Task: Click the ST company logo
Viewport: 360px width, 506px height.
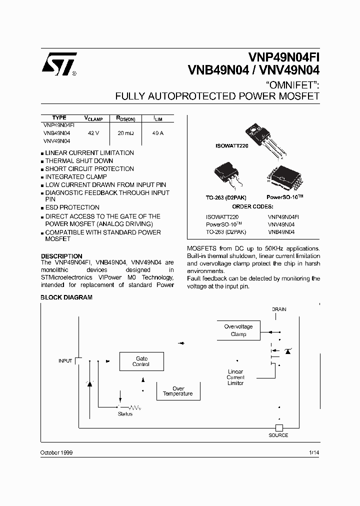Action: coord(59,64)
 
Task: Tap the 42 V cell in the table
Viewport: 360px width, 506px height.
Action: coord(93,133)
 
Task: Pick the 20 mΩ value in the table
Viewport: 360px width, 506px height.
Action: coord(125,133)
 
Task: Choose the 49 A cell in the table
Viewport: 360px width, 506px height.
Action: coord(158,133)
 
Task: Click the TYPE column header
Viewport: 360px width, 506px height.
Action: coord(59,118)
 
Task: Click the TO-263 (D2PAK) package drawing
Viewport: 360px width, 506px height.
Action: coord(226,175)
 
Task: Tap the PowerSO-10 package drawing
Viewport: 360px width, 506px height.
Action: coord(284,176)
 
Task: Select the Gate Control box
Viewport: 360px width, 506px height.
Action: coord(141,361)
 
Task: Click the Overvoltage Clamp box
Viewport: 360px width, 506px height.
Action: coord(238,330)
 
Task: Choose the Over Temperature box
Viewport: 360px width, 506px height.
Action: coord(178,391)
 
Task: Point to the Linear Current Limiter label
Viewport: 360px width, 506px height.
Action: coord(235,377)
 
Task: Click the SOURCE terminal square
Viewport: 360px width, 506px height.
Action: coord(279,427)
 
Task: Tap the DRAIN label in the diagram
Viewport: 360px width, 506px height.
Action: coord(279,309)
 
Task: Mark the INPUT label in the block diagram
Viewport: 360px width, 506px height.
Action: coord(65,360)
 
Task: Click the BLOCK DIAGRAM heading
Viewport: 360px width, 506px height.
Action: coord(66,297)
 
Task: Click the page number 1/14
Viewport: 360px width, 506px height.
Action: coord(314,452)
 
